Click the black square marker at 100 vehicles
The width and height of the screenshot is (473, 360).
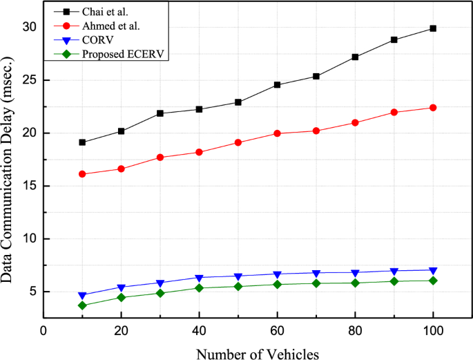(433, 28)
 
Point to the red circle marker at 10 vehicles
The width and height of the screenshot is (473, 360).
(82, 174)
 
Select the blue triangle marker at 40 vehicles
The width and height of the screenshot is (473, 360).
(199, 278)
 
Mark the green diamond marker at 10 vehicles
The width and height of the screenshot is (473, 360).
(82, 305)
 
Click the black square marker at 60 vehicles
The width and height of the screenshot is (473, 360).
(277, 85)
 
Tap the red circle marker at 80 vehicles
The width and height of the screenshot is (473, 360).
(355, 123)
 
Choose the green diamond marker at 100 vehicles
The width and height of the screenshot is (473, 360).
(433, 281)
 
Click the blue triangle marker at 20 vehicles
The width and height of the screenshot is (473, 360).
(122, 287)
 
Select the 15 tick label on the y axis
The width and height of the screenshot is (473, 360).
(28, 186)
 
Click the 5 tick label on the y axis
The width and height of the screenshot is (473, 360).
(32, 292)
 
